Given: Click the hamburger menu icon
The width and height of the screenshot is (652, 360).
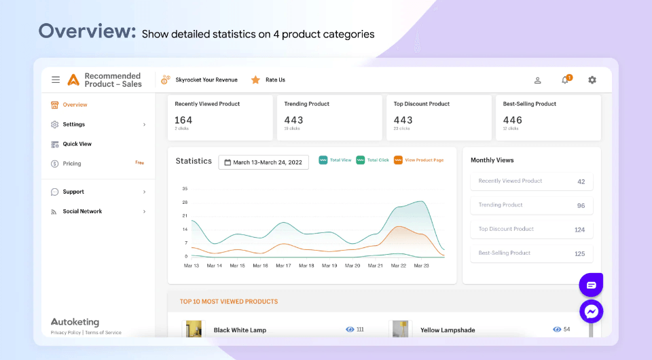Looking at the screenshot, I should pos(56,79).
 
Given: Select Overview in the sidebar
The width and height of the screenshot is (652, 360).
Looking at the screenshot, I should pos(75,105).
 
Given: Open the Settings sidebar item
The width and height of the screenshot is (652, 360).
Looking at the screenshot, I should pos(73,124).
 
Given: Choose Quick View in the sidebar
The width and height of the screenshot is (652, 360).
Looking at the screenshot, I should pos(77,144).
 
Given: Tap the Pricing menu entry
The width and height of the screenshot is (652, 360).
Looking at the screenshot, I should pos(71,164).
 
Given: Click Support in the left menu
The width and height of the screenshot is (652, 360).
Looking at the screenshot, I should pos(73,192).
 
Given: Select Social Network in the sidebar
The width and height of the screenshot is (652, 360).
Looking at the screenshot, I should pos(82,211).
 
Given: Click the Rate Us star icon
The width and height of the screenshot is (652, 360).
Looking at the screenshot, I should pos(255,79).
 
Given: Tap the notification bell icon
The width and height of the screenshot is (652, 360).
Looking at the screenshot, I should pos(565,80).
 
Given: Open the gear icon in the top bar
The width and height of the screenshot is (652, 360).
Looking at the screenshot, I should pos(592,80).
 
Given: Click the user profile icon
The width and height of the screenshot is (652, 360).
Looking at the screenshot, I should pos(538,80).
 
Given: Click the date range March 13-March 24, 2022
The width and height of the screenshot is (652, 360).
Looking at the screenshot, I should pos(264,162).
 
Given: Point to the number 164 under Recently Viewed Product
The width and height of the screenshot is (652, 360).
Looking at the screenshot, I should pos(183,120).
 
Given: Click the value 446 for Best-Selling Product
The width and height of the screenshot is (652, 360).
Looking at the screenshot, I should pos(513,120).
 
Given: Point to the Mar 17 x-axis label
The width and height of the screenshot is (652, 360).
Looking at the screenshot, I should pos(283,266).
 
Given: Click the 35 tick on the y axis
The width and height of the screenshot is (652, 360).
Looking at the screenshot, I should pos(185,189).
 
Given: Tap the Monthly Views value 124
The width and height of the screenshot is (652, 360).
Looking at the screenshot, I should pos(579,230).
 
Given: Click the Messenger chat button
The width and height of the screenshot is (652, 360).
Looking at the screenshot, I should pos(592,311).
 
